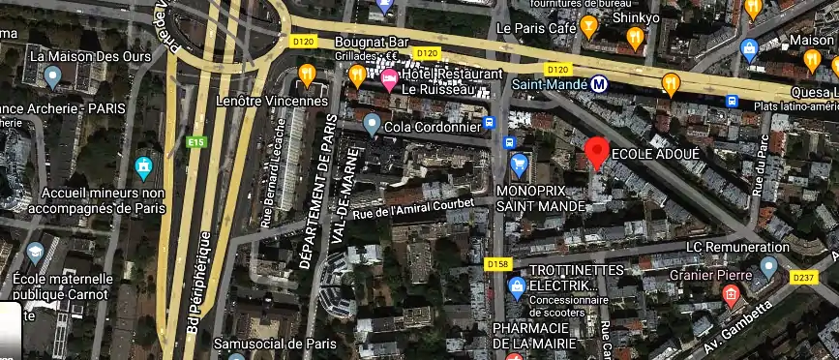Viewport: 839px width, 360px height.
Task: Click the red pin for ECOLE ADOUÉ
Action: [597, 152]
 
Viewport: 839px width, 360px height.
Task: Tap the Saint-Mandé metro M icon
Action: [599, 83]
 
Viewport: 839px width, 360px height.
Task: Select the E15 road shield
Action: [197, 142]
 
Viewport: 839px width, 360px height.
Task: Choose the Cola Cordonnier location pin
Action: [373, 124]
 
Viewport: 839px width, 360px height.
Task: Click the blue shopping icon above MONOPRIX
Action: [519, 162]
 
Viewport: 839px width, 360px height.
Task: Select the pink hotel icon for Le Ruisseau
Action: [390, 81]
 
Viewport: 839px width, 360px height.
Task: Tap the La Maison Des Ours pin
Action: [53, 75]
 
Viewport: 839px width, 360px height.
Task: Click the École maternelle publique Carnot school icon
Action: [35, 254]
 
